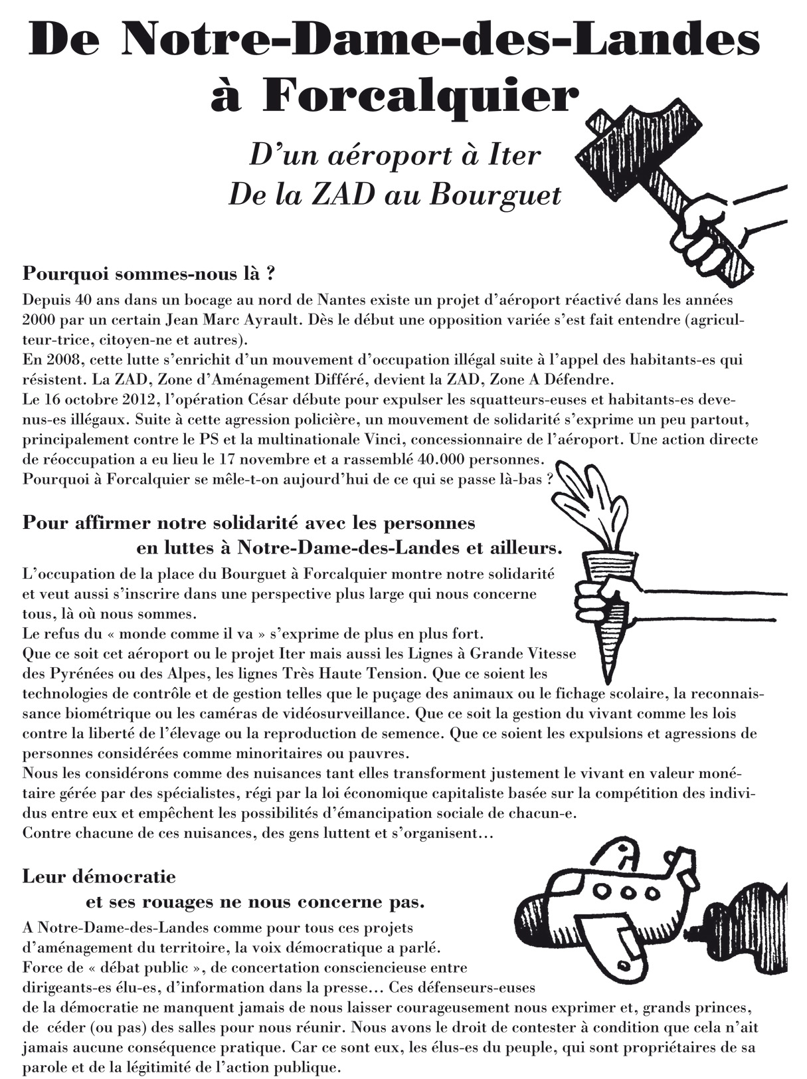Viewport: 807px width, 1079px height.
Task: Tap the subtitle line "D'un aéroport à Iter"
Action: [394, 156]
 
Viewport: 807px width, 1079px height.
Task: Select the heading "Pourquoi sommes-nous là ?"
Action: [149, 273]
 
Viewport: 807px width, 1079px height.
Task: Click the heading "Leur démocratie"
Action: [99, 876]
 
